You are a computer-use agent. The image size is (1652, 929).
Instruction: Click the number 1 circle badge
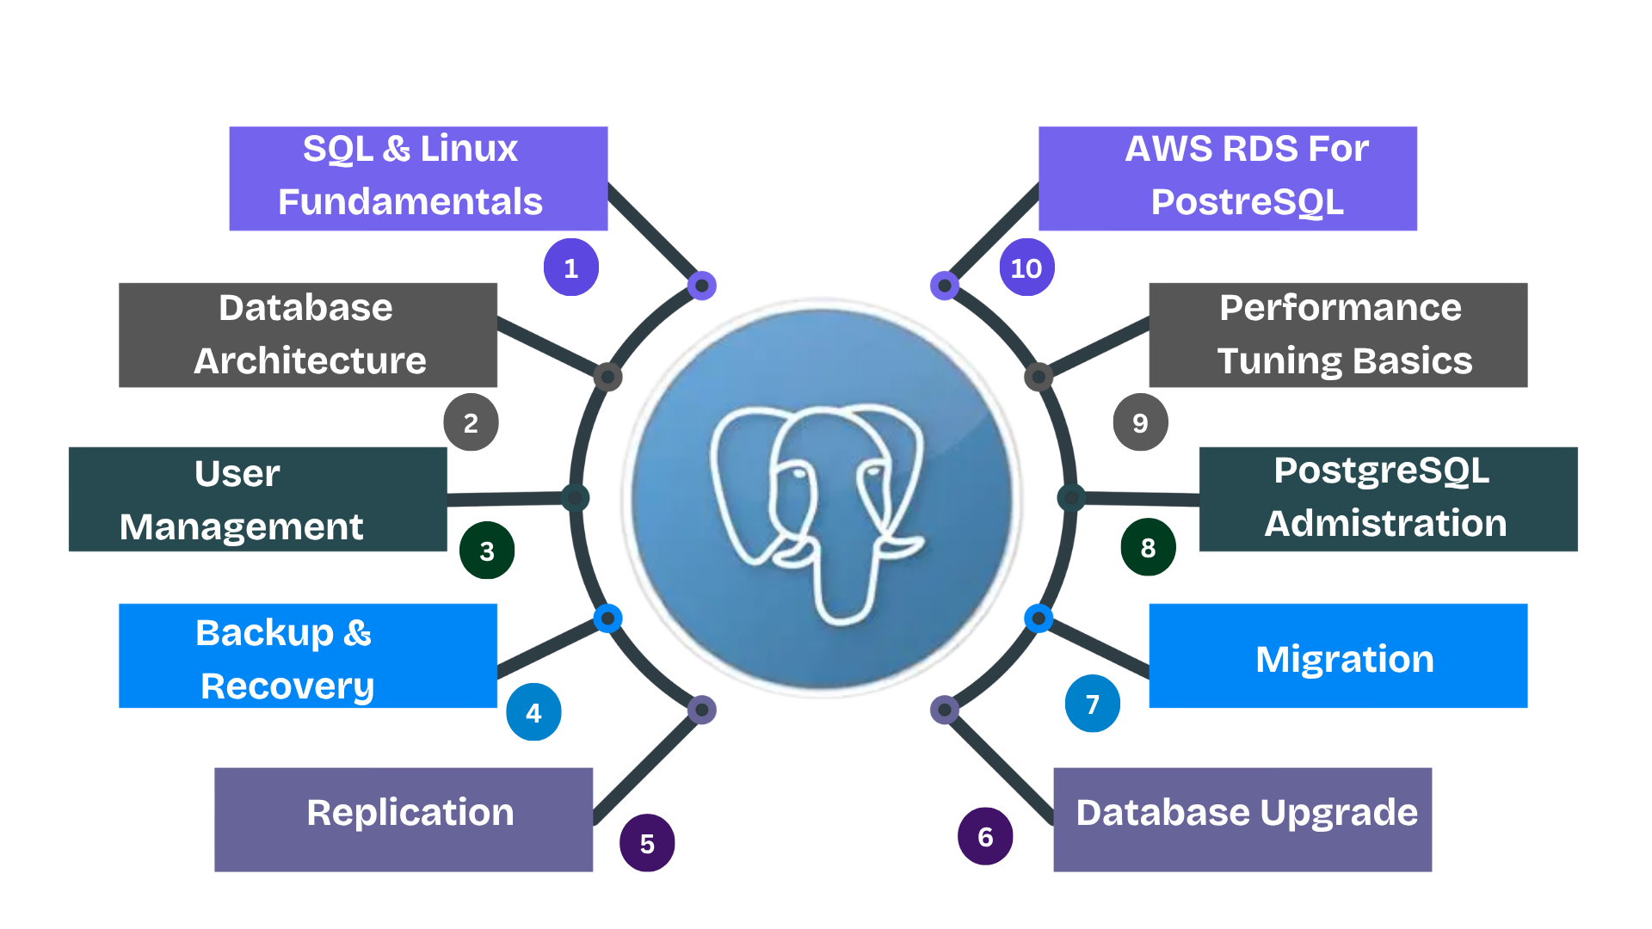tap(570, 268)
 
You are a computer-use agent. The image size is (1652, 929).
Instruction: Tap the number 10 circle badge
tap(1026, 268)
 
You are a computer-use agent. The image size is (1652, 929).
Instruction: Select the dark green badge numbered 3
tap(487, 551)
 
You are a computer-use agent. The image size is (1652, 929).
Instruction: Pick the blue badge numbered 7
tap(1093, 704)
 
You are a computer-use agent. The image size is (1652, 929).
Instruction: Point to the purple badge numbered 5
tap(647, 843)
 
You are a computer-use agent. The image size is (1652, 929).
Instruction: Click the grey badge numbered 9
tap(1140, 422)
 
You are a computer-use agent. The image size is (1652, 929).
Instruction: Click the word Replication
tap(410, 813)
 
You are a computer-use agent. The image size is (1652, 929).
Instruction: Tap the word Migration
tap(1344, 660)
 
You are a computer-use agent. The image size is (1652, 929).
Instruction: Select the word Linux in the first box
tap(469, 149)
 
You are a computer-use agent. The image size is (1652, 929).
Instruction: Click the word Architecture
tap(310, 360)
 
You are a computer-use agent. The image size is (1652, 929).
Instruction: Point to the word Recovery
tap(287, 686)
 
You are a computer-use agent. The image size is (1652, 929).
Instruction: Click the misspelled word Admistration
tap(1385, 524)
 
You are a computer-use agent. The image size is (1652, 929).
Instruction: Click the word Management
tap(242, 527)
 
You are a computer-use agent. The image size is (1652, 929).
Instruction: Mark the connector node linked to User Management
tap(575, 497)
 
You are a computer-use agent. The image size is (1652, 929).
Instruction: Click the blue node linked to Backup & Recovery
tap(607, 618)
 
